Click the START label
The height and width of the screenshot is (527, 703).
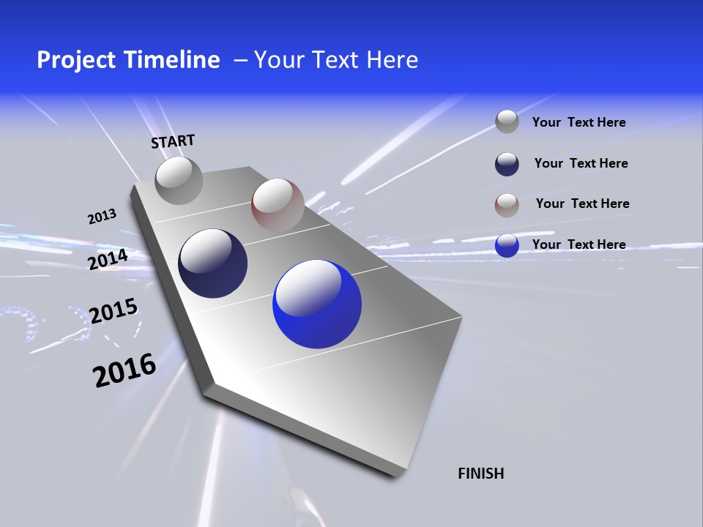173,141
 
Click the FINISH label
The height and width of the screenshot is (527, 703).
480,474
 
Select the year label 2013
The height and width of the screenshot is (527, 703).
102,217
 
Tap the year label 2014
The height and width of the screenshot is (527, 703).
108,259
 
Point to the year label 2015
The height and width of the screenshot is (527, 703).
113,311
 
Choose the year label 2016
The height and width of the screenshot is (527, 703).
124,370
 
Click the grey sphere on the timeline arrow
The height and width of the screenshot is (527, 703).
179,180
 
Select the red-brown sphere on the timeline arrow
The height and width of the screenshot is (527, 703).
278,204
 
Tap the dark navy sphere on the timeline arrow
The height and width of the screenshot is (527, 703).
212,263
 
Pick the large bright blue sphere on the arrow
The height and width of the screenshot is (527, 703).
316,304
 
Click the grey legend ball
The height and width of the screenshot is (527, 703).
507,122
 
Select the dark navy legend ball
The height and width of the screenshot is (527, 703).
507,164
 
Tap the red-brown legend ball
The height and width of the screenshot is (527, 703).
507,205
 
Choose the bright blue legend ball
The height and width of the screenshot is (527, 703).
507,245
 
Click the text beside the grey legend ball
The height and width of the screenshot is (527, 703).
579,122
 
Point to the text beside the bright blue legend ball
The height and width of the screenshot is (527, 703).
579,244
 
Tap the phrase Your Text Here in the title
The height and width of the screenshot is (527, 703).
336,60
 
